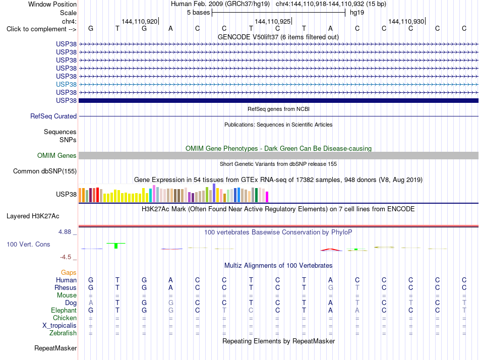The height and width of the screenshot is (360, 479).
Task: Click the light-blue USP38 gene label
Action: click(x=66, y=84)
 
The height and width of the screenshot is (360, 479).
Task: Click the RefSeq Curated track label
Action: click(x=53, y=116)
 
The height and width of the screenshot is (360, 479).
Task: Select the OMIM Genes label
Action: click(x=56, y=156)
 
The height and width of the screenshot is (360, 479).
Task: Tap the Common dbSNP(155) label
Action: click(x=44, y=171)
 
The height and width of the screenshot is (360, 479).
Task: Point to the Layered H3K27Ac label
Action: click(x=33, y=216)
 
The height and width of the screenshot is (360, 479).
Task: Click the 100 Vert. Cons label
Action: click(x=28, y=244)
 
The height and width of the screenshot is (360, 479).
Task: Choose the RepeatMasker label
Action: click(x=55, y=348)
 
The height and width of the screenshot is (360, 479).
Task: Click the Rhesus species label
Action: click(x=66, y=287)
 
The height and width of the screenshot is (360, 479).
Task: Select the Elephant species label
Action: click(x=64, y=310)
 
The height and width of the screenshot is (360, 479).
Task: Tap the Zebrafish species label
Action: click(x=63, y=333)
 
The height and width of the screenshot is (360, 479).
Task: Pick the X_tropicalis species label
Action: click(x=59, y=326)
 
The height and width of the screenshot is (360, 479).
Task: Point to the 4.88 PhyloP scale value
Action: click(x=65, y=232)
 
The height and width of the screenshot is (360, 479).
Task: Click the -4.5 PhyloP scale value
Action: click(x=66, y=257)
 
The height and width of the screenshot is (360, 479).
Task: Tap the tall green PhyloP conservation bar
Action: click(x=116, y=246)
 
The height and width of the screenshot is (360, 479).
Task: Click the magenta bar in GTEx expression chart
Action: click(x=267, y=197)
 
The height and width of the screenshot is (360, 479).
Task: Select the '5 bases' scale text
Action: click(x=199, y=13)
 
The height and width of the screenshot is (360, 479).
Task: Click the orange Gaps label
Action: click(x=69, y=272)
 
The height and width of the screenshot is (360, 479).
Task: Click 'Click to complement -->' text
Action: click(x=41, y=29)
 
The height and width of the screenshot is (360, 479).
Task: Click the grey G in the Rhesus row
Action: click(x=331, y=287)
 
